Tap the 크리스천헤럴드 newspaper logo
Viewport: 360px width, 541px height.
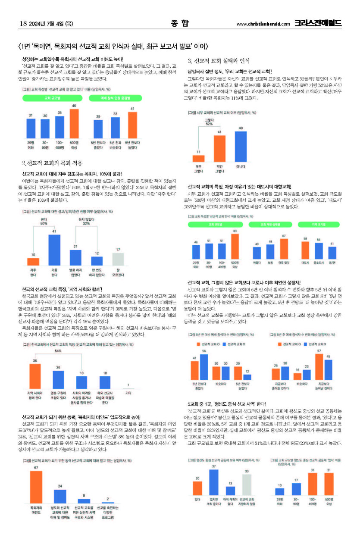coord(318,23)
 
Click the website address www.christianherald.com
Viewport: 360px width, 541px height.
coord(263,24)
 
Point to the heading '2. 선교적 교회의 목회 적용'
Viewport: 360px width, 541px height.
coord(52,163)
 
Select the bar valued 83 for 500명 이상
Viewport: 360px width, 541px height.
coord(235,247)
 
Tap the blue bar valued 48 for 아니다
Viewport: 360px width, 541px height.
coord(241,146)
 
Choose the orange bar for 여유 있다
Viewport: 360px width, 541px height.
coord(284,248)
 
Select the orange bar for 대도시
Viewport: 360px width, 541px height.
coord(306,250)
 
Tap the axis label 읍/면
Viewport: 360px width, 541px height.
coord(332,263)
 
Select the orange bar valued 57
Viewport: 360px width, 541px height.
coord(319,367)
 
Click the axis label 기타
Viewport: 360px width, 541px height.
coord(128,394)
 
